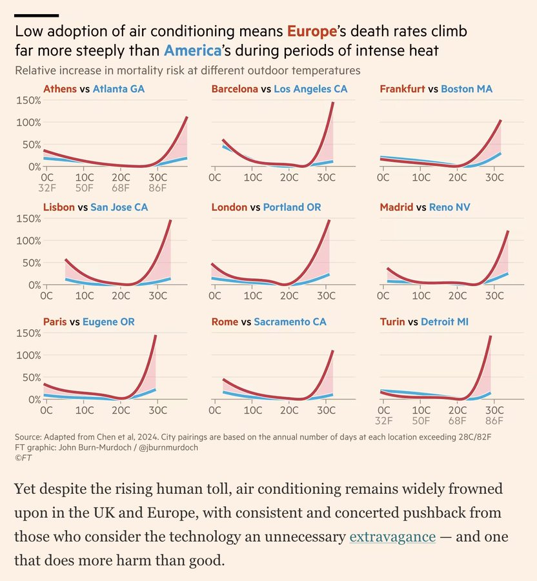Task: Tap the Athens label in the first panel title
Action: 59,89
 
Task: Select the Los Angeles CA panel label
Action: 310,89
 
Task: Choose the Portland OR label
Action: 292,207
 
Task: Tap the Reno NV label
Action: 443,207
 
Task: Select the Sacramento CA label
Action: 290,321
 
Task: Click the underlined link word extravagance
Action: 392,537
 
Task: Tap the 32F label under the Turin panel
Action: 383,421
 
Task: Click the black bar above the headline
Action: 36,15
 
